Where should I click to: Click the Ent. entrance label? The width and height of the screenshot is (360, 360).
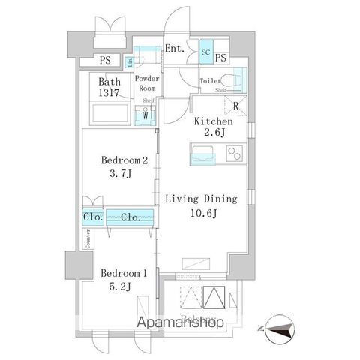click(175, 49)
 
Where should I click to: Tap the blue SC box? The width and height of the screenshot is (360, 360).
click(205, 52)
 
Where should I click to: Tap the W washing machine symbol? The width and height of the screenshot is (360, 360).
click(145, 115)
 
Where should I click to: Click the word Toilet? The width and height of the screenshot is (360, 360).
click(211, 80)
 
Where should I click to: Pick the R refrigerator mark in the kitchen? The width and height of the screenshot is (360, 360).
click(235, 106)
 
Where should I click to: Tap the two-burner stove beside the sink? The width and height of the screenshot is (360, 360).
click(234, 155)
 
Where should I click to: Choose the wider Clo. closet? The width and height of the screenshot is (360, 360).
click(129, 217)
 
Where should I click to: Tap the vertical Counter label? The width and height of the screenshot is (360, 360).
click(88, 238)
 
